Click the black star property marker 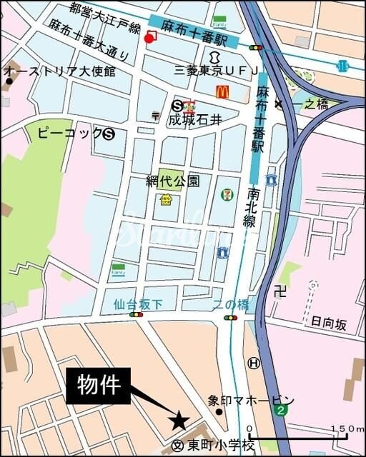(x=179, y=421)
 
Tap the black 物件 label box (x=99, y=386)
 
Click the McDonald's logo (x=222, y=91)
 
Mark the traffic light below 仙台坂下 (x=136, y=314)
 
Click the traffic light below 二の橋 (x=230, y=317)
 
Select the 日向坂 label (x=328, y=324)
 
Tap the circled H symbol (x=254, y=363)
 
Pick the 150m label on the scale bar (x=347, y=428)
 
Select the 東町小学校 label (x=222, y=445)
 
